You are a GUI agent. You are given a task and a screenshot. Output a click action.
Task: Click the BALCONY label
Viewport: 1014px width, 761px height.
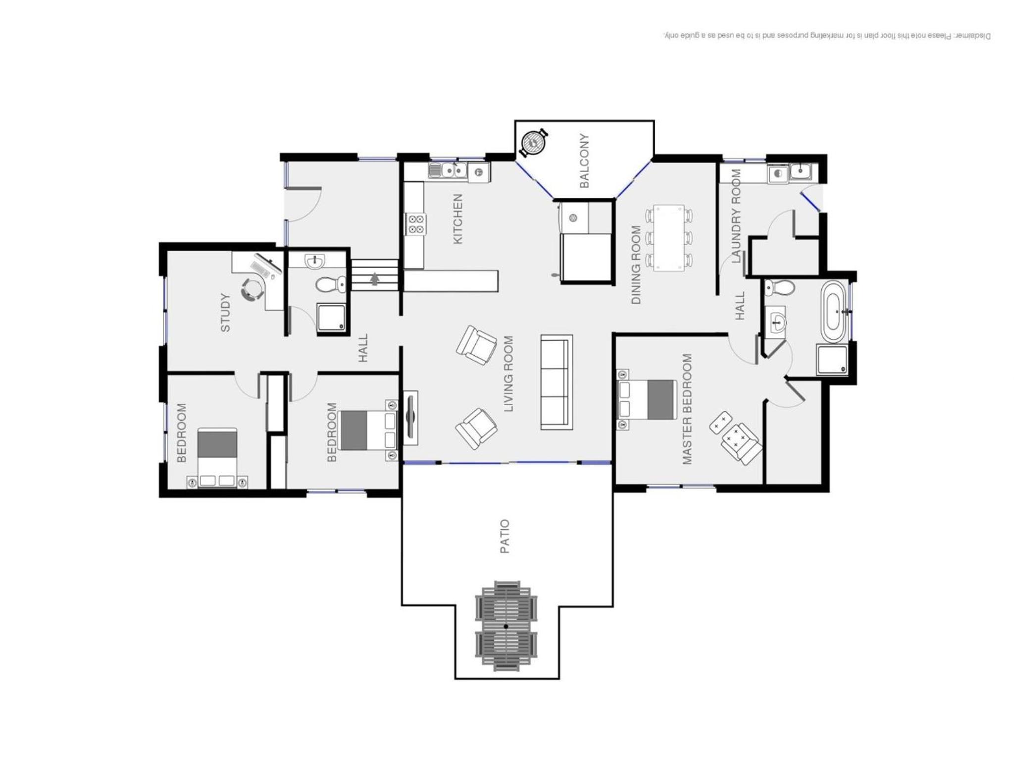pos(584,161)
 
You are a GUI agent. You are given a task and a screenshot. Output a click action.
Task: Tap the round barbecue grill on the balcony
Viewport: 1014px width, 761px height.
pos(533,142)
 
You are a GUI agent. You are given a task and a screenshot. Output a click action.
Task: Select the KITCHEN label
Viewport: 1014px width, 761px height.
pos(458,218)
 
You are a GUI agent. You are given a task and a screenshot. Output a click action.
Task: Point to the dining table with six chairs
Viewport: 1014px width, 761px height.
pos(669,238)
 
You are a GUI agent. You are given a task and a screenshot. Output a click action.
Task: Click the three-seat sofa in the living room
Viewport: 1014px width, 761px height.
pos(557,381)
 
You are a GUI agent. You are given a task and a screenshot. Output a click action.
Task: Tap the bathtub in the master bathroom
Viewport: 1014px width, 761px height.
pos(833,312)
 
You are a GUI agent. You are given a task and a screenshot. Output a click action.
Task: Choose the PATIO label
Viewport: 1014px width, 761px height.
pos(505,536)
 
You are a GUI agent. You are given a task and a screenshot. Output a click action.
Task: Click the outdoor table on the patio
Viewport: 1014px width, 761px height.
pos(506,626)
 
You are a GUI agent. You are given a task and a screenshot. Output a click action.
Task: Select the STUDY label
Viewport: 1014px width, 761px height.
pos(225,313)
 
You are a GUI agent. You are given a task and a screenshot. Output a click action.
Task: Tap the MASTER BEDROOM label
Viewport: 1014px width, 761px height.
pos(687,409)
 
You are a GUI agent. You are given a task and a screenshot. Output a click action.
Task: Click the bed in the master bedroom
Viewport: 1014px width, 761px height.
pos(647,399)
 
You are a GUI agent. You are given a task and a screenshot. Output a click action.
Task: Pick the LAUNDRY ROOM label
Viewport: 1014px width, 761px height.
pos(736,216)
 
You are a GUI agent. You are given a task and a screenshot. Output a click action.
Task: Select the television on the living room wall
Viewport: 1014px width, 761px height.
pos(410,418)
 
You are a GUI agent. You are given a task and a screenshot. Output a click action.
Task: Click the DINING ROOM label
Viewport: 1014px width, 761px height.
pos(636,265)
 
